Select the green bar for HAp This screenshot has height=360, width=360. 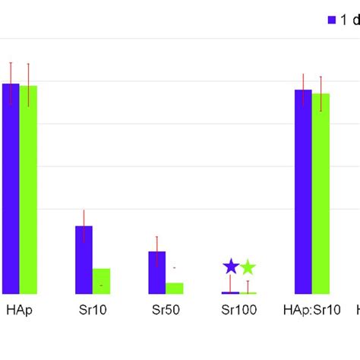[28, 190]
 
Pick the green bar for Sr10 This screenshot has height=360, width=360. [101, 281]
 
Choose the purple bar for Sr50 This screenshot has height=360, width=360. [156, 272]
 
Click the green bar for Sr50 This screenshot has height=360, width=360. [175, 288]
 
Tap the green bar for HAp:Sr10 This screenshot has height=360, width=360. [321, 194]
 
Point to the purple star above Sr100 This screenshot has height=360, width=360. [230, 267]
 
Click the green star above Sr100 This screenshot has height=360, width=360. [248, 267]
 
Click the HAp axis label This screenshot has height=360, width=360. [19, 310]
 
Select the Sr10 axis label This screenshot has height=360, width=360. [92, 310]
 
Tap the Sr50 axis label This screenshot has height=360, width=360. [165, 310]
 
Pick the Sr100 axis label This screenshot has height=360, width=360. [238, 310]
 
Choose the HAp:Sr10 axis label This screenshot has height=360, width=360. [311, 310]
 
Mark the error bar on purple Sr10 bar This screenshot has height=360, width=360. [84, 226]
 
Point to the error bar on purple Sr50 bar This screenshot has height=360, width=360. [156, 251]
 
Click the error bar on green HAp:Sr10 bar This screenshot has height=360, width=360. [321, 93]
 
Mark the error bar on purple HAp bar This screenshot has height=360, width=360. [11, 83]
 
